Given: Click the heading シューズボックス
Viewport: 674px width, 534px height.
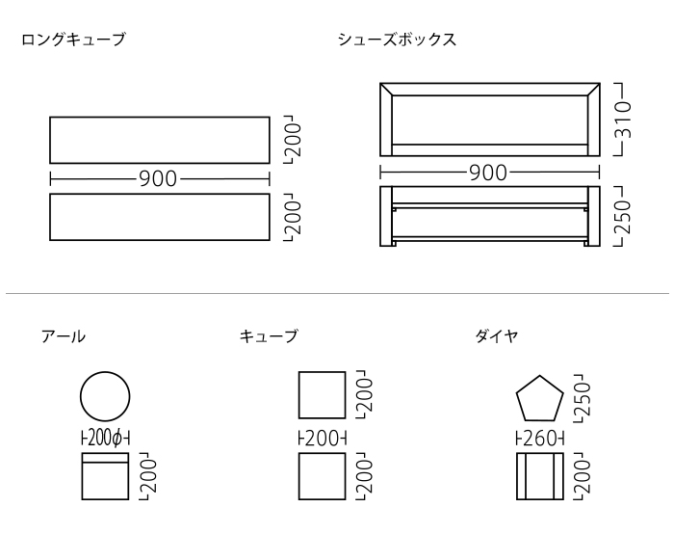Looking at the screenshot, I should tap(397, 40).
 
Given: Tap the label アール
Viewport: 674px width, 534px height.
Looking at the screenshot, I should tap(63, 335).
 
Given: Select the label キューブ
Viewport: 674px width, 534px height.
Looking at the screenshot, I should tap(268, 335).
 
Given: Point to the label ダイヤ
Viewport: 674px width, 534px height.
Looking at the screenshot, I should tap(497, 335).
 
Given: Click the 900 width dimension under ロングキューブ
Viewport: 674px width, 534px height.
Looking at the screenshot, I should tap(159, 178).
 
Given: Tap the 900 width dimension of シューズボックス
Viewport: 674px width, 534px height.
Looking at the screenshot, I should tap(489, 174).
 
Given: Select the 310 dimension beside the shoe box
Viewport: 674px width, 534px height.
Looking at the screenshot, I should tap(623, 120).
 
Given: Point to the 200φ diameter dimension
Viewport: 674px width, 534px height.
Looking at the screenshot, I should tap(104, 440).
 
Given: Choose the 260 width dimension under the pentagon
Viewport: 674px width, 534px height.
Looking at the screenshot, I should tap(539, 440).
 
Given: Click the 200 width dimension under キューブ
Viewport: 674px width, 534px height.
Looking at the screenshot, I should tap(322, 440).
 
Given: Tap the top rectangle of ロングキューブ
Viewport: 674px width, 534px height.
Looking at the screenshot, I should tap(159, 140).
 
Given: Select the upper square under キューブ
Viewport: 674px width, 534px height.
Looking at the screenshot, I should tap(322, 395).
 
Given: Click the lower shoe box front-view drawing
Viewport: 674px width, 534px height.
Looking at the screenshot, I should tap(489, 217).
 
